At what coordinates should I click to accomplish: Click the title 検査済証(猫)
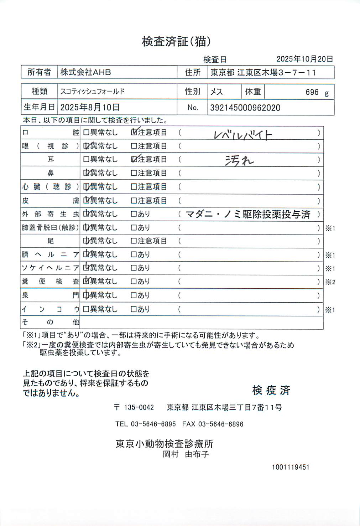pyautogui.click(x=176, y=42)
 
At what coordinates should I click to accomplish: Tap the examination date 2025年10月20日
pyautogui.click(x=304, y=59)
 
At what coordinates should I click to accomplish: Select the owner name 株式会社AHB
pyautogui.click(x=85, y=72)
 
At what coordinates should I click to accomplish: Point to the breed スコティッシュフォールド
pyautogui.click(x=92, y=92)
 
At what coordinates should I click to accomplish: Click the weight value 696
pyautogui.click(x=312, y=92)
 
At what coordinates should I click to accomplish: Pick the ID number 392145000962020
pyautogui.click(x=245, y=108)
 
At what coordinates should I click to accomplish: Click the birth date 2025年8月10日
pyautogui.click(x=90, y=107)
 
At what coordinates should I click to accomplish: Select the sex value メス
pyautogui.click(x=216, y=92)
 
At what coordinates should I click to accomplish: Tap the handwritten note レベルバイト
pyautogui.click(x=243, y=135)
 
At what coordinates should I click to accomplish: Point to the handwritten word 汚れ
pyautogui.click(x=239, y=161)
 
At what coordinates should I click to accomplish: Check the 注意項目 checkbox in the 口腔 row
pyautogui.click(x=134, y=133)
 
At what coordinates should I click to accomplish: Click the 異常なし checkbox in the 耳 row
pyautogui.click(x=86, y=159)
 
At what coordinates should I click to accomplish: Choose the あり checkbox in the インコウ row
pyautogui.click(x=134, y=309)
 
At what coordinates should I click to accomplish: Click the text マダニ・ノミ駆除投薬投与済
pyautogui.click(x=248, y=214)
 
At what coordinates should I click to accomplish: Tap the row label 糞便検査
pyautogui.click(x=50, y=282)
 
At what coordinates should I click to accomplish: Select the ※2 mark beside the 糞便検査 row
pyautogui.click(x=330, y=282)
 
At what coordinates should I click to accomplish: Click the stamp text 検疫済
pyautogui.click(x=271, y=390)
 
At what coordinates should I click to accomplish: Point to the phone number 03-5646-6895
pyautogui.click(x=153, y=424)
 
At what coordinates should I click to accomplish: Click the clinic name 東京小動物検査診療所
pyautogui.click(x=164, y=444)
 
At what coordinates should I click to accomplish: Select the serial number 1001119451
pyautogui.click(x=291, y=467)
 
